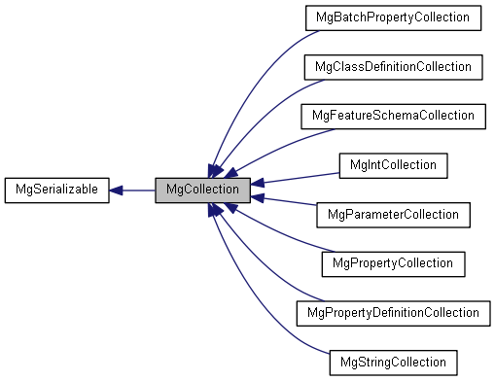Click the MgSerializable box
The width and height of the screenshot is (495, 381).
coord(56,190)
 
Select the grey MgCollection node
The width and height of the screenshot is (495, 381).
coord(203,190)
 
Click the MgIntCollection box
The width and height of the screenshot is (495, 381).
coord(392,164)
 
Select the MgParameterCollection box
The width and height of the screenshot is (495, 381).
coord(392,214)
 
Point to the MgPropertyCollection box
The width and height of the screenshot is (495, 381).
coord(392,262)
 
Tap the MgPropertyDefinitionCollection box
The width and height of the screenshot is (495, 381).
coord(392,312)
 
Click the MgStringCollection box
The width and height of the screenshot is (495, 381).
coord(392,361)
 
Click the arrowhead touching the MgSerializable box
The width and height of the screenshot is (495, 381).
coord(116,190)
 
